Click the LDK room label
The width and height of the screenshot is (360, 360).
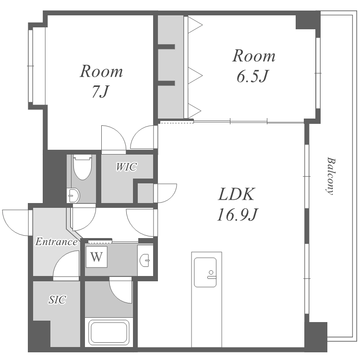[237, 194]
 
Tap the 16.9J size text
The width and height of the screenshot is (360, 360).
[238, 214]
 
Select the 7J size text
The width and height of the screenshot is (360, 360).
[100, 91]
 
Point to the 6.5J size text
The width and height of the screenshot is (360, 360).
[252, 76]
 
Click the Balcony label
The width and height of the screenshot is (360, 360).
[331, 176]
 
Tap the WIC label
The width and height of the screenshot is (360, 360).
[127, 167]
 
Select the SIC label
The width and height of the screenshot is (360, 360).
[58, 300]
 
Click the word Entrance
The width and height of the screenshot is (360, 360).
[56, 242]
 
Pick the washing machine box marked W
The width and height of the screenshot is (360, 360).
[96, 257]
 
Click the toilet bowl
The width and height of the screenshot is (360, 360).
[82, 167]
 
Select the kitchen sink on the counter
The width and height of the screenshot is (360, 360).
[205, 272]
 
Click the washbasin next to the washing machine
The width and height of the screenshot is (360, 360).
[144, 260]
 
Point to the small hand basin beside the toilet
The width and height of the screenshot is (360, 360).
[73, 196]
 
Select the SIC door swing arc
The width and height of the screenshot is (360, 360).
[61, 258]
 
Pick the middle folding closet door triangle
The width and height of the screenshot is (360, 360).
[195, 75]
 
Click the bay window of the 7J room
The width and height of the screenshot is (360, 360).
[31, 66]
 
